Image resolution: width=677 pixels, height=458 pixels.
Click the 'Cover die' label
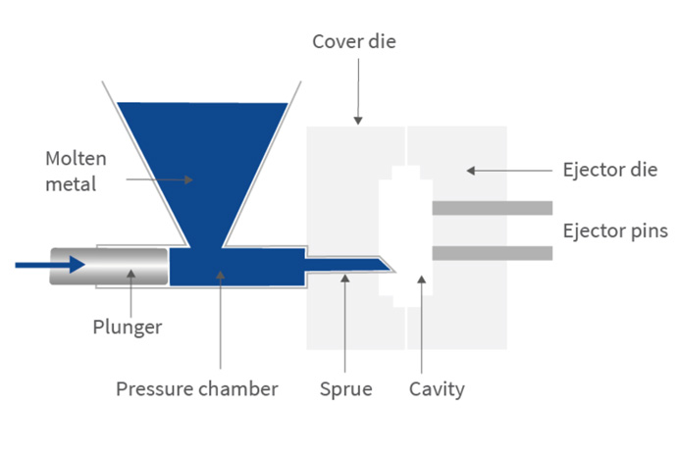coord(354,42)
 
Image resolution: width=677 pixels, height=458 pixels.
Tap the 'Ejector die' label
coord(610,170)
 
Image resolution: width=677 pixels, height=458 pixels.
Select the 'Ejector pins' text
coord(615,230)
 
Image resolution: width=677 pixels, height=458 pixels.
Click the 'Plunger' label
coord(128,328)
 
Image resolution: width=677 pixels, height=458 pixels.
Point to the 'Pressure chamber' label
coord(197,389)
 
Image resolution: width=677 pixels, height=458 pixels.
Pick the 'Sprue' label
coord(345,389)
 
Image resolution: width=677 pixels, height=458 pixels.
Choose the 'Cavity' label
coord(437,389)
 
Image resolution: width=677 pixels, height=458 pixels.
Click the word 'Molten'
coord(76,159)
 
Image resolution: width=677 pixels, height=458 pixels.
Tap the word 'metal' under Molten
coord(71,184)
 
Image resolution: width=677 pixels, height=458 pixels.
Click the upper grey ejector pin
coord(493,208)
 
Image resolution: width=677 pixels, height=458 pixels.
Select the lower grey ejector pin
coord(493,253)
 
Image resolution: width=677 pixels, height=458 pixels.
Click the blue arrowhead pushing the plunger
coord(77,265)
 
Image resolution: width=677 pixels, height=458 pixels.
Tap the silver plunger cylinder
coord(109,267)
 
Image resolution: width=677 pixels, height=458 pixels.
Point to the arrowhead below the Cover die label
coord(358,121)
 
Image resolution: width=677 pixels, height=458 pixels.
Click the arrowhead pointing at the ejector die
coord(471,171)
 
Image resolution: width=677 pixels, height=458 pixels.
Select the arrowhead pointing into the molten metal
coord(188,179)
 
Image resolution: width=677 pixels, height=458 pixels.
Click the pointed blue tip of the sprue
coord(391,269)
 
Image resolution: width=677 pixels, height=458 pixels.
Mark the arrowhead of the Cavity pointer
coord(422,280)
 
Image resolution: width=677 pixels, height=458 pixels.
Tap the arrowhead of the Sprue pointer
coord(345,279)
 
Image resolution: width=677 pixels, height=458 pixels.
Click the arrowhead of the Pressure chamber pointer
coord(220,275)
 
